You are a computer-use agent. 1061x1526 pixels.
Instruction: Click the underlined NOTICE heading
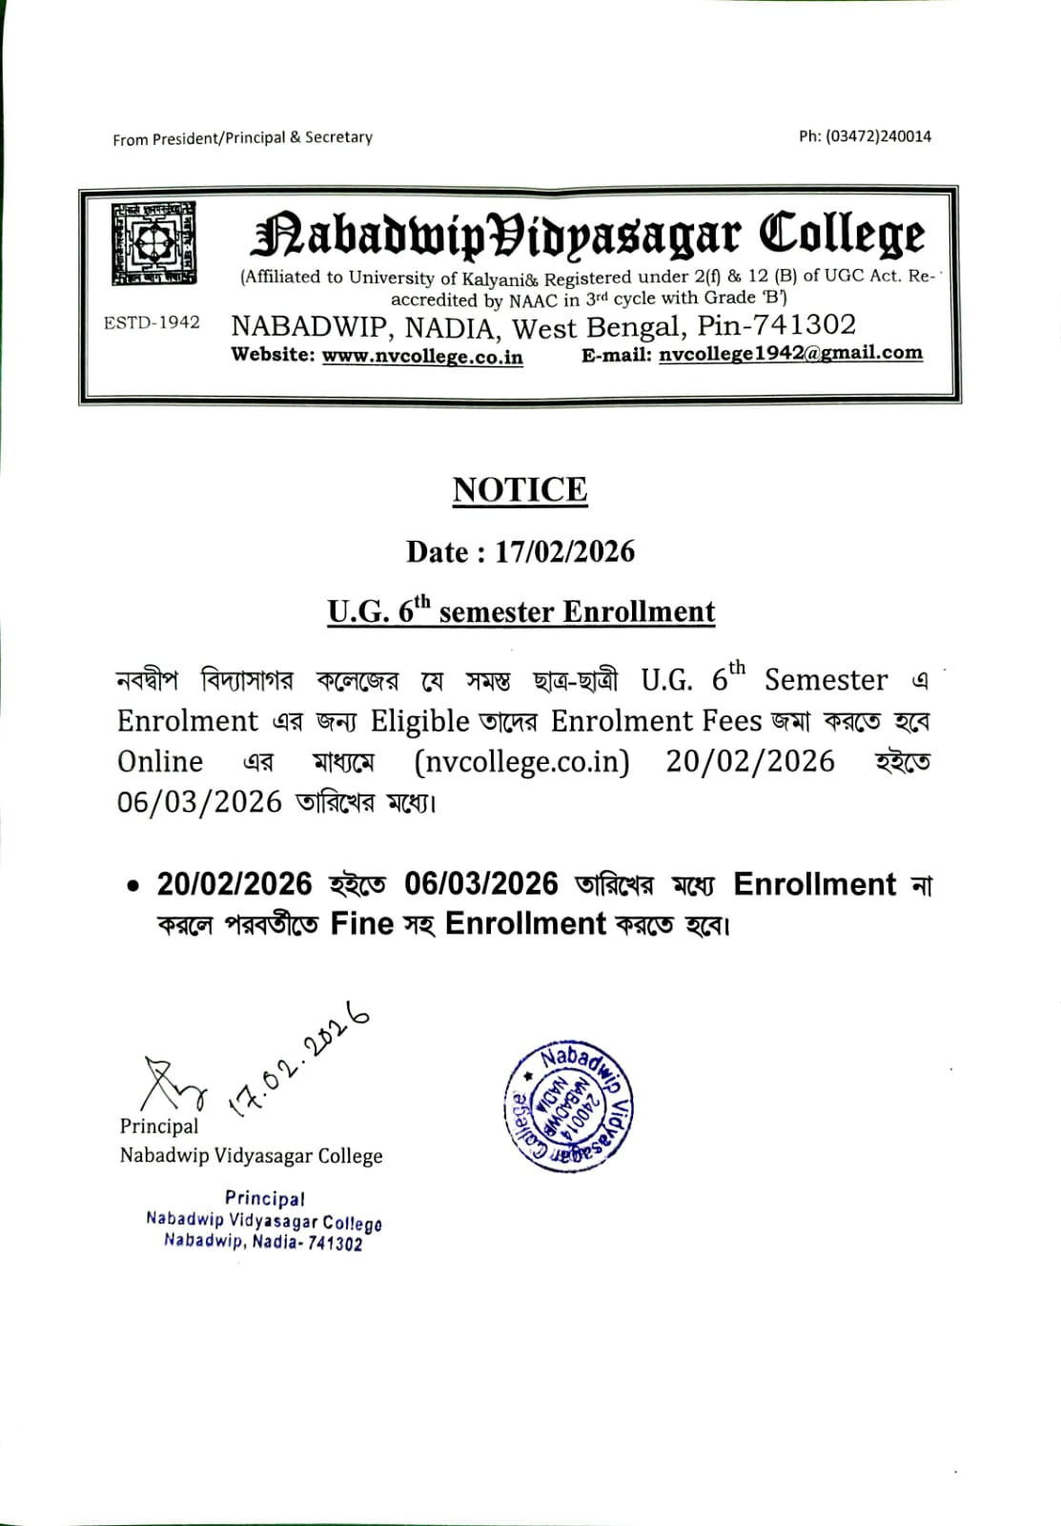point(520,490)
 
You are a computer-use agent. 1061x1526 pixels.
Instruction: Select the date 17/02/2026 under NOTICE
point(564,551)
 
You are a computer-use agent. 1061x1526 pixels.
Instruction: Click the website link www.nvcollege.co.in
point(422,356)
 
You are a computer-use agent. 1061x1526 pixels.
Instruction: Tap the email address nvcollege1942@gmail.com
point(790,353)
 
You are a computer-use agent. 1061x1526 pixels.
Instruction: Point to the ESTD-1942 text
point(152,322)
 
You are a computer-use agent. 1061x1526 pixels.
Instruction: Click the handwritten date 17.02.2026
point(297,1059)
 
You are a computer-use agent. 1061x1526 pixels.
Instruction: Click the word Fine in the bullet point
point(361,923)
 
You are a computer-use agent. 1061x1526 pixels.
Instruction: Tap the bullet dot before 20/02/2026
point(133,886)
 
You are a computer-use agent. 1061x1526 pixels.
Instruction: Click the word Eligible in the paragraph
point(419,721)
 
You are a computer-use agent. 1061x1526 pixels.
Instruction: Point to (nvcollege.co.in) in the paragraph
point(521,762)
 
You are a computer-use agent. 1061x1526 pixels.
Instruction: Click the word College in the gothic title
point(842,235)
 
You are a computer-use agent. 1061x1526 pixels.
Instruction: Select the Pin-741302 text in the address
point(776,325)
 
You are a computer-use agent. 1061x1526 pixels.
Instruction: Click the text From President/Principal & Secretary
point(242,138)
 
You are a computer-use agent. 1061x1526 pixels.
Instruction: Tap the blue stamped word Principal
point(265,1198)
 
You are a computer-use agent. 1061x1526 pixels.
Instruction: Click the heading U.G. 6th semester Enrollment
point(520,611)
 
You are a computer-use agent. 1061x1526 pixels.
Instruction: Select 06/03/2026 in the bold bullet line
point(480,884)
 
